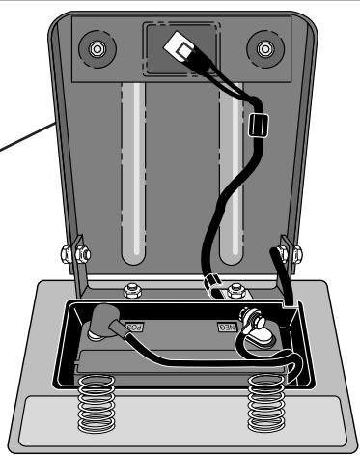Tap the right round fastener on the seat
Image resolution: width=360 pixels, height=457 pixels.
[261, 47]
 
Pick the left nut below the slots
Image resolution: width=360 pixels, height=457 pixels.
[131, 287]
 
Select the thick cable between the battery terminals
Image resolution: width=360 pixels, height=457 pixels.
[183, 357]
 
